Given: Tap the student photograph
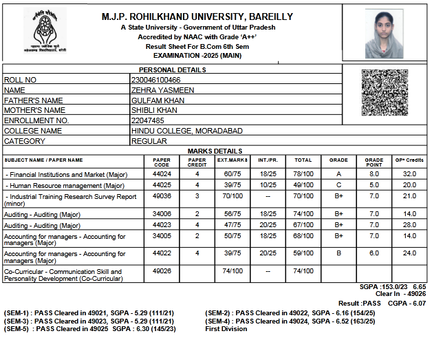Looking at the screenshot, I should [380, 34].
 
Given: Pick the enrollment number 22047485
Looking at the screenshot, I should [148, 120].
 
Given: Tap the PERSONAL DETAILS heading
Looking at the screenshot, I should [172, 70].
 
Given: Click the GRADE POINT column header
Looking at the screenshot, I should [374, 162].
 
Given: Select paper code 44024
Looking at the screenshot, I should [162, 175].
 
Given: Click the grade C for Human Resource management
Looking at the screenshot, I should [338, 185].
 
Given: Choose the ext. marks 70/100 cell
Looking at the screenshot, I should [232, 196].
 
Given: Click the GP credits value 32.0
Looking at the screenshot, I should [410, 175].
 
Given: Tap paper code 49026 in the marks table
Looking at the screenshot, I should [162, 271].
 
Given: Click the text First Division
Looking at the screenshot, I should [226, 329].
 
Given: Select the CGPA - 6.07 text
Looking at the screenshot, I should [408, 303].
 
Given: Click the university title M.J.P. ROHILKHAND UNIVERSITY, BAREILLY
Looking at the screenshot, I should [197, 17].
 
